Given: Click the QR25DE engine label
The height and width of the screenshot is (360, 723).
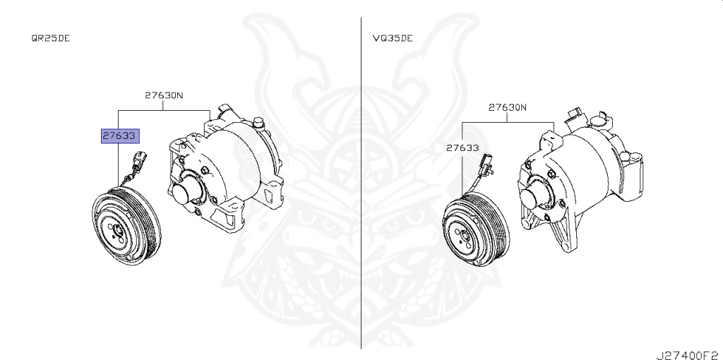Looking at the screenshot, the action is click(x=50, y=38).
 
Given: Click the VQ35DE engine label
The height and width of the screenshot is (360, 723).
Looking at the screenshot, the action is click(x=393, y=38).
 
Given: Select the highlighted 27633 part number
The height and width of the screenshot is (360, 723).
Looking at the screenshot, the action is click(x=119, y=136).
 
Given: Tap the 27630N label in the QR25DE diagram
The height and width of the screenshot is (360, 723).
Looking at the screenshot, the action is click(x=164, y=95).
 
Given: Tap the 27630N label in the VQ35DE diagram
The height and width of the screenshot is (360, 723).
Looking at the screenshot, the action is click(x=508, y=107).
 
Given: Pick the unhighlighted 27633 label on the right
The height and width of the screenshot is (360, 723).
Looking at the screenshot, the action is click(x=462, y=148).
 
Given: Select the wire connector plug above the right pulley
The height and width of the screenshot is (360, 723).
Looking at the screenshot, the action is click(x=484, y=168).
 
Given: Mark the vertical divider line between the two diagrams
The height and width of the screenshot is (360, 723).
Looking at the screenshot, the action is click(x=361, y=184).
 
